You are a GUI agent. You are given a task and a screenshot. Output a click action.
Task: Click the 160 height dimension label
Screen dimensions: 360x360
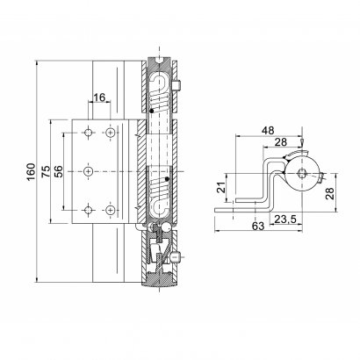click(31, 172)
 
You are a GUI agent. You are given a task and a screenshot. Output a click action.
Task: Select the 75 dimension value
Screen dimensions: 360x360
click(46, 171)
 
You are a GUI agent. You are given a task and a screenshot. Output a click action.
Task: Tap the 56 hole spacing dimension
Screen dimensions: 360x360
click(58, 172)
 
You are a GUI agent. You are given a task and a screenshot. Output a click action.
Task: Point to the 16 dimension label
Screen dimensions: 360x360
click(99, 97)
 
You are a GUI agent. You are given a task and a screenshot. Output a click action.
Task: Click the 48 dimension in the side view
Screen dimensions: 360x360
click(268, 131)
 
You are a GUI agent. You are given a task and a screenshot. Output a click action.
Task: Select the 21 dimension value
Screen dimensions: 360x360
click(222, 187)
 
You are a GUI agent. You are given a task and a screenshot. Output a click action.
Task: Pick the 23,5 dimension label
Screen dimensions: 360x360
click(285, 219)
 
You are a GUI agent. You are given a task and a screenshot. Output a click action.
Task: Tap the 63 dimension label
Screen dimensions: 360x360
click(258, 226)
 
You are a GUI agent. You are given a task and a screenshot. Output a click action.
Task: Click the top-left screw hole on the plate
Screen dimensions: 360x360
click(89, 133)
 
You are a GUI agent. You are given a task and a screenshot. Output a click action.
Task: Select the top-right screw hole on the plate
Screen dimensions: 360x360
click(110, 133)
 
